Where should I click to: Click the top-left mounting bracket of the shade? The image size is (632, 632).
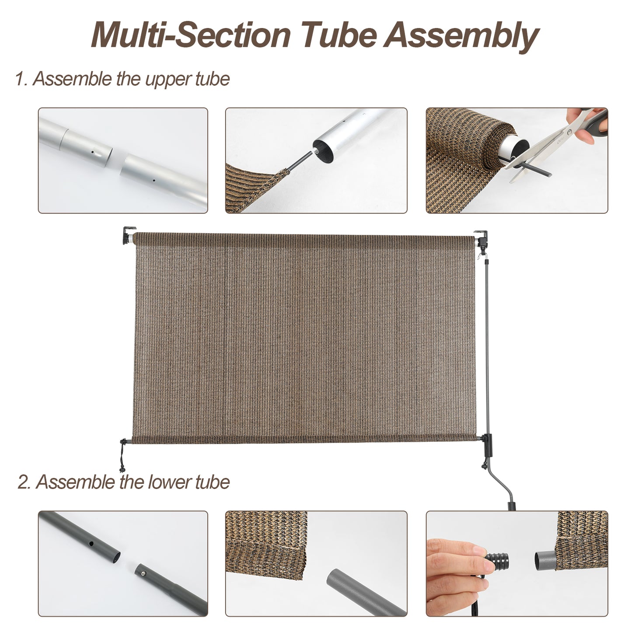click(129, 235)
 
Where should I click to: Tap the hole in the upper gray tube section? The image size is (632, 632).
click(91, 545)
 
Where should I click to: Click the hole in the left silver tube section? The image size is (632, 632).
click(94, 153)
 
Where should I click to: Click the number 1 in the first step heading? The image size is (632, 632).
click(19, 79)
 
